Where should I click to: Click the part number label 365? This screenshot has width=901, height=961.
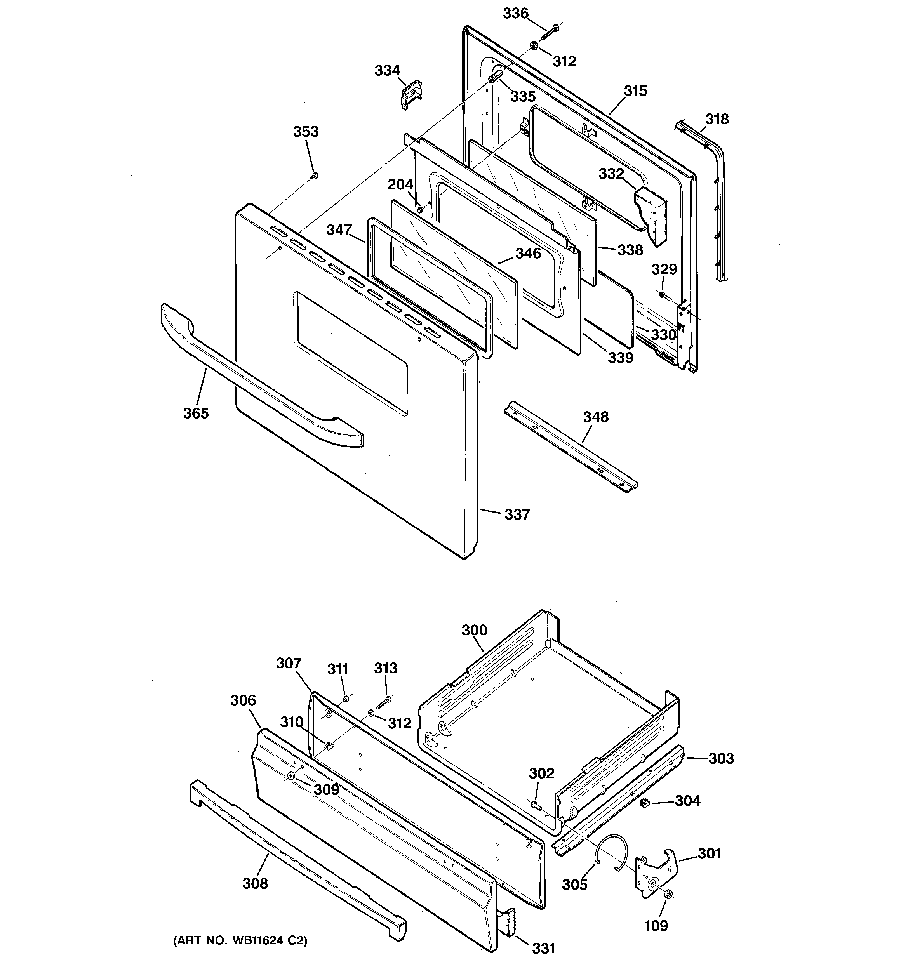pos(195,413)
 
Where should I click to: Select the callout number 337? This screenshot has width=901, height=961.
pos(517,514)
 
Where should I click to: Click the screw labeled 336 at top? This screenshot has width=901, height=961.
pos(550,31)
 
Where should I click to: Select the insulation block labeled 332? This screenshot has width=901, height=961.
pos(651,213)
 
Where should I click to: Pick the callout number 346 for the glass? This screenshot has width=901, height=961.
pos(528,253)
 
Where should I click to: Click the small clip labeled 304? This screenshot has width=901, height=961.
pos(644,803)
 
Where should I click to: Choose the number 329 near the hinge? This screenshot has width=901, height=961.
pos(664,269)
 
